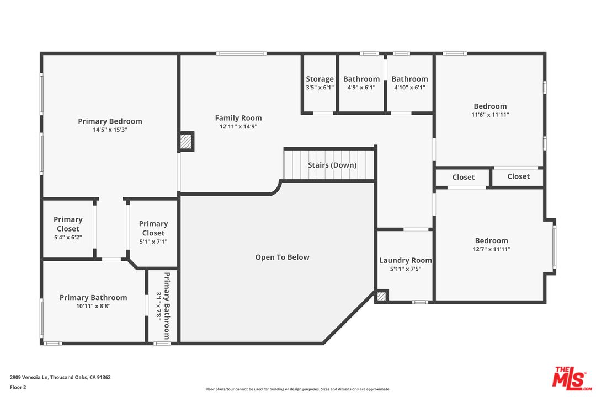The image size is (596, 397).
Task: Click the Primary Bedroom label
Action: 110,121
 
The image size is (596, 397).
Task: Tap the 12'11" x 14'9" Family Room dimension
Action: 238,126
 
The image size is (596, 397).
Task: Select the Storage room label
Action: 320,79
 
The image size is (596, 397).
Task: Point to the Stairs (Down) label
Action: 332,165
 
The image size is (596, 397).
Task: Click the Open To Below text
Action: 282,257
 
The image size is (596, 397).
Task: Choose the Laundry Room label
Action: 406,260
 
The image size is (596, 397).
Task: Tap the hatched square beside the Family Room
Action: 187,142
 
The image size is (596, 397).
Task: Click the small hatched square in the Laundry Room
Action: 382,296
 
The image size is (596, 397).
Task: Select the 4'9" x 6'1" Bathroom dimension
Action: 361,87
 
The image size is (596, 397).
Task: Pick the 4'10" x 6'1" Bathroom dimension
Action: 409,87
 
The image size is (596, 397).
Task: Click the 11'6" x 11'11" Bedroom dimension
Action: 491,115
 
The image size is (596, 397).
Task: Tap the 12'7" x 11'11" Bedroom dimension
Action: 492,249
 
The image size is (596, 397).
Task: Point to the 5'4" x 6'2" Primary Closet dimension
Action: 68,238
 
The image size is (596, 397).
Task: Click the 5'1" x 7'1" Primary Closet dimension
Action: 153,242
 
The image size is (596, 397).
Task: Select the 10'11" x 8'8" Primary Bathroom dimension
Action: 93,306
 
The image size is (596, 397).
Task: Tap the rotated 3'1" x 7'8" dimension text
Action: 159,305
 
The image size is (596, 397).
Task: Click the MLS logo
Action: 572,378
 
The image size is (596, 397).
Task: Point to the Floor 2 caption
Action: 18,388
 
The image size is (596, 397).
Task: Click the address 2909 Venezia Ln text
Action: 29,377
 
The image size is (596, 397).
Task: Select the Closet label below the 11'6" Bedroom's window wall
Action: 518,176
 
